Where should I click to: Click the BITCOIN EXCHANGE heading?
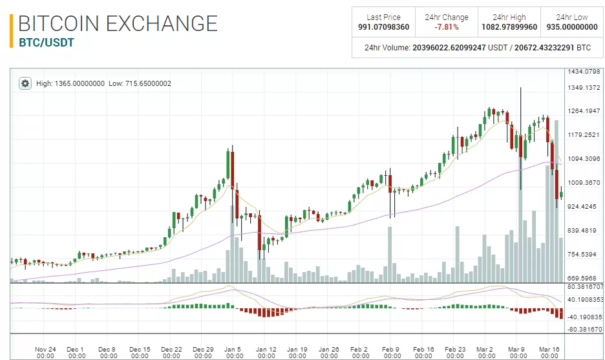pos(118,24)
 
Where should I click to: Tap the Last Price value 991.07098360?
pos(383,27)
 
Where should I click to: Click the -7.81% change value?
pos(446,27)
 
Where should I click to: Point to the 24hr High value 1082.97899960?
pos(509,27)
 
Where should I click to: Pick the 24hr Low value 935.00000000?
pos(572,27)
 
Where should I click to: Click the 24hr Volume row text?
pos(478,47)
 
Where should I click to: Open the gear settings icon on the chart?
pos(25,83)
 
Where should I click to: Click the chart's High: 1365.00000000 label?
pos(70,83)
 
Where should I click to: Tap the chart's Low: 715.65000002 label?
pos(140,83)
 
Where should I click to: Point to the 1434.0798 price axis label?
pos(584,72)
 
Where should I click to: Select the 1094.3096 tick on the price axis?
pos(584,159)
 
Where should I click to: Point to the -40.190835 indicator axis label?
pos(584,317)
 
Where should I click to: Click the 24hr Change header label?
pos(446,17)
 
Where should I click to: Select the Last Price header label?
pos(383,17)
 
